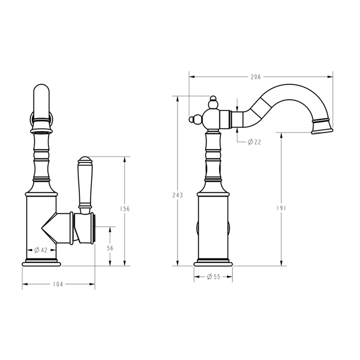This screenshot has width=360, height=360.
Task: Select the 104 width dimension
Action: pyautogui.click(x=58, y=284)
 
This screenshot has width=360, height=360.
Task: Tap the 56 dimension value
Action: pyautogui.click(x=110, y=248)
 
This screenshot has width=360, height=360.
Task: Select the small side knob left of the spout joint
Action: pyautogui.click(x=194, y=119)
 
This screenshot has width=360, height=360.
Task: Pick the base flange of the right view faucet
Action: pyautogui.click(x=214, y=262)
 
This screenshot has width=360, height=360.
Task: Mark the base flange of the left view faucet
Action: pyautogui.click(x=41, y=262)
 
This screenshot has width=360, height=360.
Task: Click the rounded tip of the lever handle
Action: pyautogui.click(x=84, y=161)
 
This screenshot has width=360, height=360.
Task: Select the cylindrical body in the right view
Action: pyautogui.click(x=214, y=225)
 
